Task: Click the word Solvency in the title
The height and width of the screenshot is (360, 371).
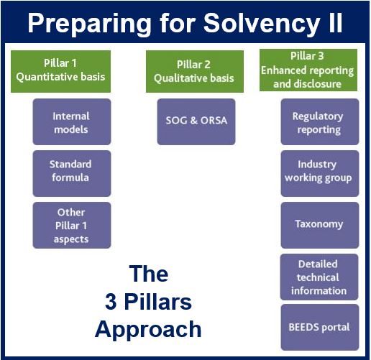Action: pyautogui.click(x=262, y=23)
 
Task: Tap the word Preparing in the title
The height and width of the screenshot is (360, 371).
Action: pyautogui.click(x=89, y=24)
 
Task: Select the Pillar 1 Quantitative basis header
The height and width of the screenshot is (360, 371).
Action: pyautogui.click(x=60, y=71)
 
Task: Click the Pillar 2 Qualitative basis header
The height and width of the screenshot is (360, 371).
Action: pyautogui.click(x=195, y=71)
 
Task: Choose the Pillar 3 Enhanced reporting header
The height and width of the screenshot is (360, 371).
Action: pyautogui.click(x=308, y=70)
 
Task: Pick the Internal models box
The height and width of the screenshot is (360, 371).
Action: pyautogui.click(x=72, y=121)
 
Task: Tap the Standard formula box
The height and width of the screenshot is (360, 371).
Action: pyautogui.click(x=72, y=173)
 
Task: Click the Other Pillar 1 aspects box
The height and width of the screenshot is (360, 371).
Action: pyautogui.click(x=72, y=225)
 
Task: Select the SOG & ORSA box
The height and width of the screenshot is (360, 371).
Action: pyautogui.click(x=196, y=121)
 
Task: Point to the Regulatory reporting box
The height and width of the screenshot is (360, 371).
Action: pyautogui.click(x=320, y=121)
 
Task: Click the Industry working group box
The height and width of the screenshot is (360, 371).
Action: pyautogui.click(x=320, y=173)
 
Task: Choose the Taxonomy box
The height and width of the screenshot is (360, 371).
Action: pyautogui.click(x=320, y=225)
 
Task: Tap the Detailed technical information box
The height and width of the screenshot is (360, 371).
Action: pyautogui.click(x=319, y=277)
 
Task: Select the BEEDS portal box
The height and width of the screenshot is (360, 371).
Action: pyautogui.click(x=320, y=327)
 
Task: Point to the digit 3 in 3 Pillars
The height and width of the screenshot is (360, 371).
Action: pyautogui.click(x=111, y=302)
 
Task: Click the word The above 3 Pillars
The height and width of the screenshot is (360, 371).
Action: pyautogui.click(x=149, y=274)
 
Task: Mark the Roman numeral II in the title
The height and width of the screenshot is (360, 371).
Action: pyautogui.click(x=336, y=22)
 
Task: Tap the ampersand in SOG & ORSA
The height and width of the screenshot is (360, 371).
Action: pyautogui.click(x=193, y=120)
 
